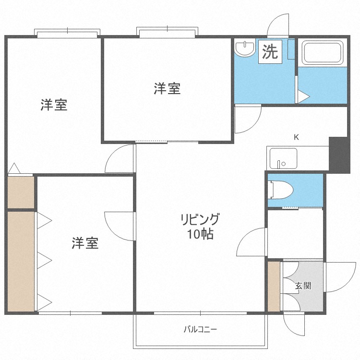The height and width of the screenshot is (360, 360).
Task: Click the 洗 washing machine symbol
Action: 270,52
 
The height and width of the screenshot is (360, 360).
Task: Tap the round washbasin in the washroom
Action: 245,48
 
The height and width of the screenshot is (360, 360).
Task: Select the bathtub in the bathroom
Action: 323,53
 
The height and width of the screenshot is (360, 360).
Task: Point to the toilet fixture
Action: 281,190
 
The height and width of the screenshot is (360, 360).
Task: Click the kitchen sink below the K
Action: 283,158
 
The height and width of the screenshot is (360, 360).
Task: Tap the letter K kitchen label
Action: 297,137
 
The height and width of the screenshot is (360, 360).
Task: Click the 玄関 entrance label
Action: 303,286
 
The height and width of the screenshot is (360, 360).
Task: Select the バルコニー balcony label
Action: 200,330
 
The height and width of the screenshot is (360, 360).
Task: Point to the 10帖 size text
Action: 201,234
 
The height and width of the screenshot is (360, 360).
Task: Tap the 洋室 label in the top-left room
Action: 54,105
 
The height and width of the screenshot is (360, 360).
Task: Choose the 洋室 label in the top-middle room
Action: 167,89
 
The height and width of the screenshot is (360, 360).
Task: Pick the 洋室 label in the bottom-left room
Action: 85,243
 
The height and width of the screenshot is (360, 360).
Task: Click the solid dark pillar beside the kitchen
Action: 339,155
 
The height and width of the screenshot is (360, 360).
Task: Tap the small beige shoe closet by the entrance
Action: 274,286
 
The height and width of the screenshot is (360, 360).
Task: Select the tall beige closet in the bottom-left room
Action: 21,262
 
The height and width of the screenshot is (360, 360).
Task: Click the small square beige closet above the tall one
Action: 21,192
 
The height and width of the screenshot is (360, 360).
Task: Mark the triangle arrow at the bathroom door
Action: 303,96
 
